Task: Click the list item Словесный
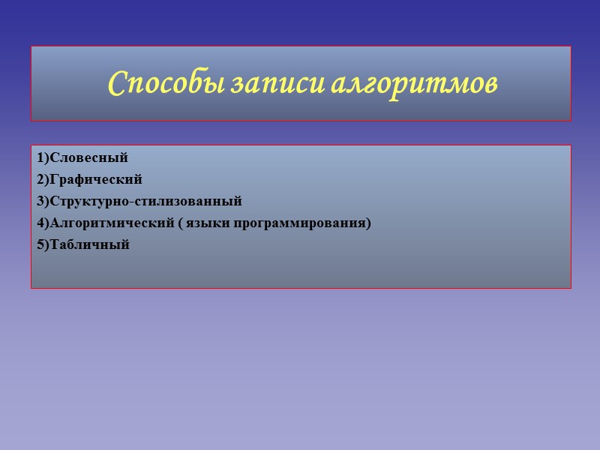[88, 157]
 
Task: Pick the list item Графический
[94, 179]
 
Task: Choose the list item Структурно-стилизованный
[145, 201]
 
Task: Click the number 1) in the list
[40, 157]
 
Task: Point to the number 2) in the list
[40, 179]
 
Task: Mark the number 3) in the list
[40, 201]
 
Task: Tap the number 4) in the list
[40, 223]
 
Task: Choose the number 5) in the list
[40, 244]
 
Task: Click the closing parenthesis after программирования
[369, 223]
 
